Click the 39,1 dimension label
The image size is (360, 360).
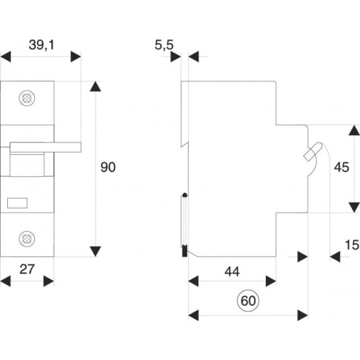(42, 46)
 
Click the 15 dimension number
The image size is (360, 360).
(351, 244)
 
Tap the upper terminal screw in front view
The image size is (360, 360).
(25, 98)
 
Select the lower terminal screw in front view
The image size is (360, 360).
(25, 239)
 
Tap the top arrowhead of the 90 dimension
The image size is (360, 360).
(96, 87)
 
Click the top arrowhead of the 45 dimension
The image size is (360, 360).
(353, 131)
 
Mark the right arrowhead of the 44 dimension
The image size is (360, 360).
(271, 281)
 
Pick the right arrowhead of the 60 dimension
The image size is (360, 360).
(302, 315)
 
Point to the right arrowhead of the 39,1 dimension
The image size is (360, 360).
(76, 56)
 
